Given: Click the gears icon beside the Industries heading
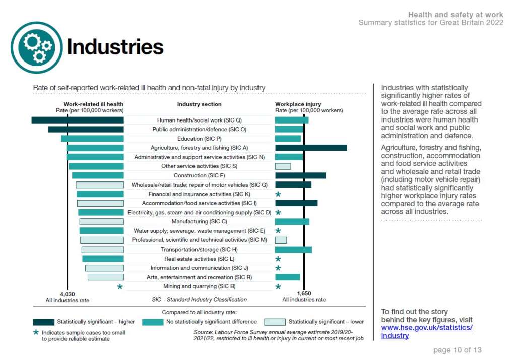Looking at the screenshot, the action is pos(36,47).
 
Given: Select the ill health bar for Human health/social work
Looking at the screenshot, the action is pos(78,120).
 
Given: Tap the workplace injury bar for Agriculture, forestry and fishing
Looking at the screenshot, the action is pos(311,148).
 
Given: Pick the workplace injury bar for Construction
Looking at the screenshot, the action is pos(300,175).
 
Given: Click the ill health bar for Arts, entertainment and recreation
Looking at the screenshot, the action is pos(106,277).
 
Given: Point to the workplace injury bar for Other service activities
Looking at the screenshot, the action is pos(283,166).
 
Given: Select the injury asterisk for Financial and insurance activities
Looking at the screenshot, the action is pos(278,194).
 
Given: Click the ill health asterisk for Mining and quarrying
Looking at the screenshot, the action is pos(120,287).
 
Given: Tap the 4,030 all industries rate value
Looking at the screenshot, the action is pos(68,294).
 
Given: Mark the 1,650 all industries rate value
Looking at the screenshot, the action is pos(304,293).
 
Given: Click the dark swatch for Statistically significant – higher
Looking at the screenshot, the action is pos(44,322).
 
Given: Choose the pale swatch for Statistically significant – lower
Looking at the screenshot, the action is pos(275,322).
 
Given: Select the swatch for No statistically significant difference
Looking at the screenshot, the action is pos(153,322).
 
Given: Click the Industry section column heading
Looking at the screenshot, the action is pos(199,104).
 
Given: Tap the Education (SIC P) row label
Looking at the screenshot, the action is pos(200,139).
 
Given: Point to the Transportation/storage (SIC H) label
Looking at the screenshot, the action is pos(200,250).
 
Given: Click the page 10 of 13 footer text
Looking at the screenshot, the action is pos(458,350).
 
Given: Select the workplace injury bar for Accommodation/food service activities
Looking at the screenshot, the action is pos(296,203).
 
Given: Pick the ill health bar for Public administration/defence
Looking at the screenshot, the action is pos(86,130).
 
